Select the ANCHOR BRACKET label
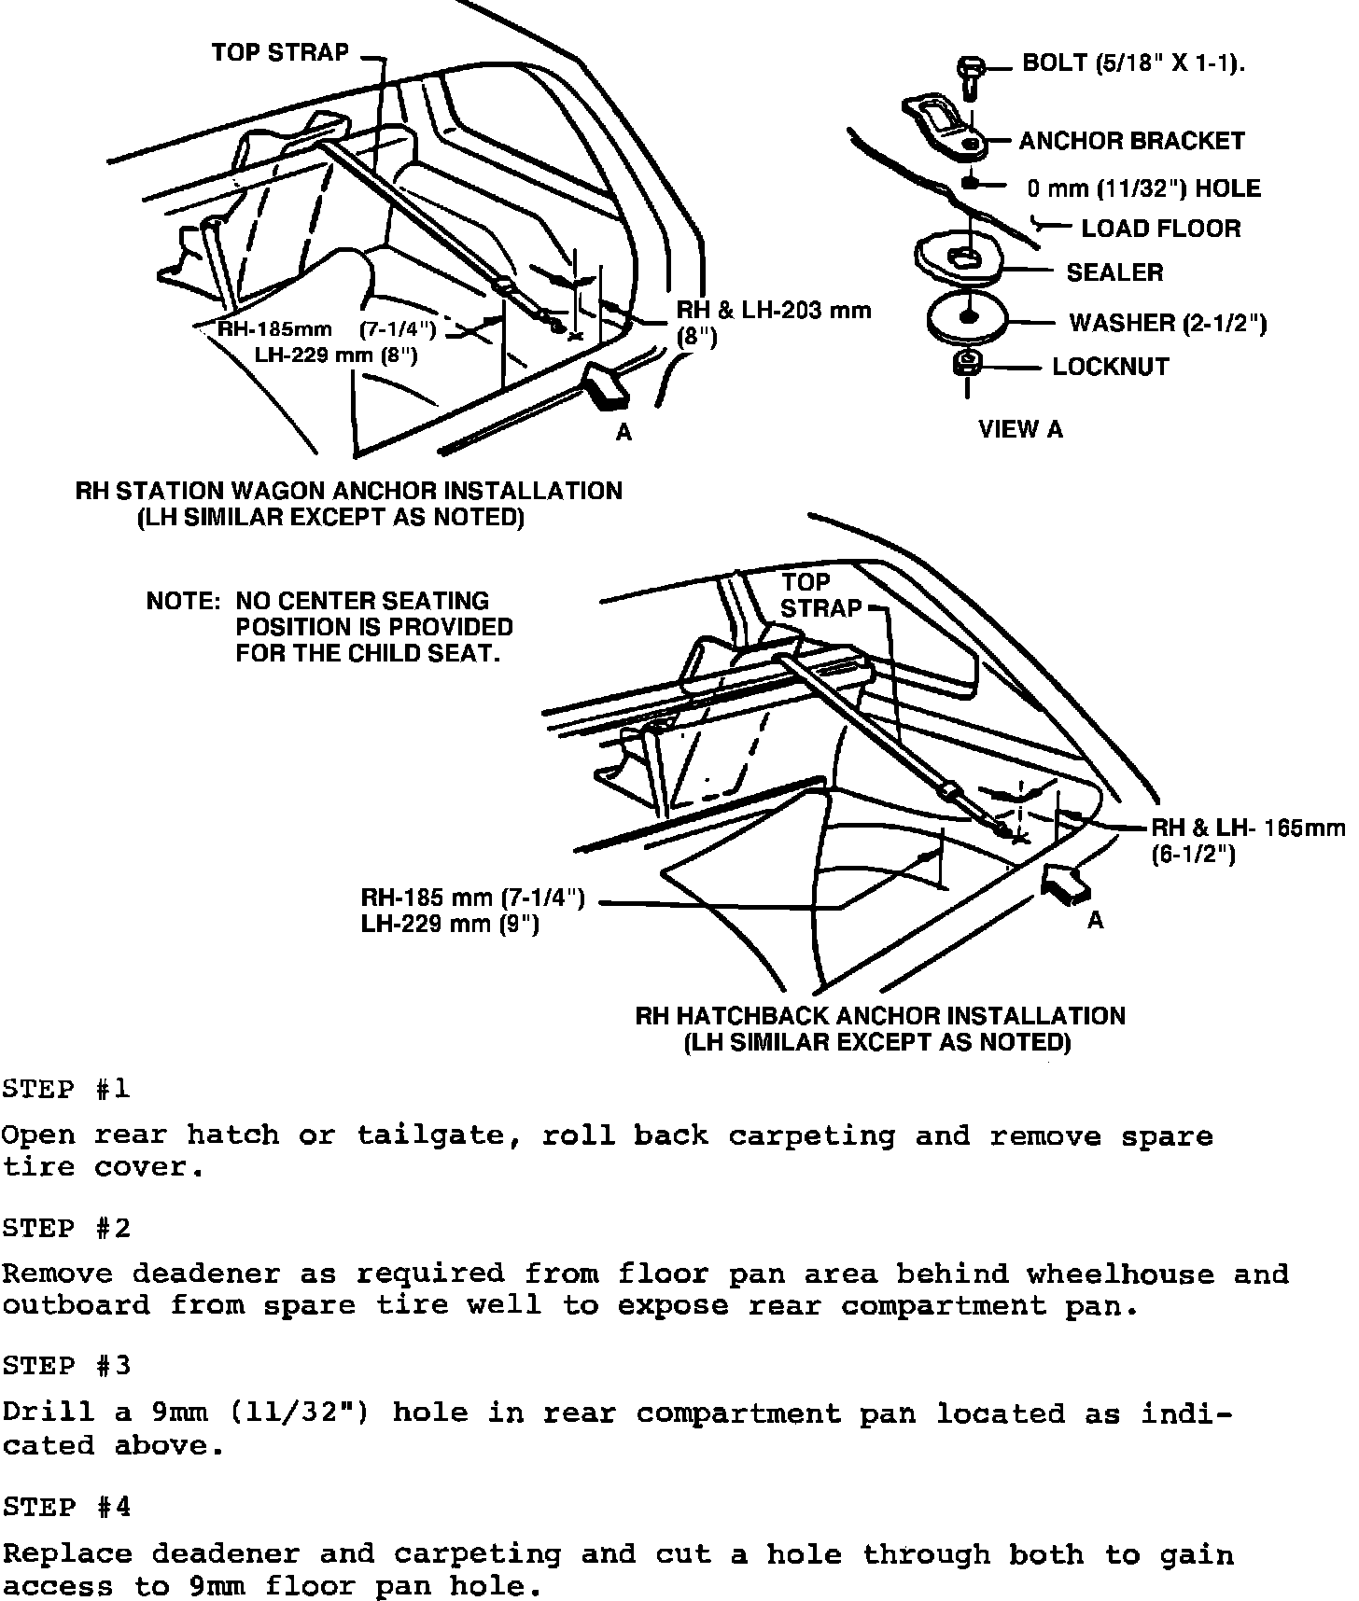coord(1131,141)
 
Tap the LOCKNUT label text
coord(1110,367)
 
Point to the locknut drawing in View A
coord(967,364)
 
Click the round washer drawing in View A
coord(969,319)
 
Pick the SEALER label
coord(1114,272)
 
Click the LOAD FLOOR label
coord(1160,229)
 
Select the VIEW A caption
coord(1020,429)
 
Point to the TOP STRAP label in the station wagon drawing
coord(279,52)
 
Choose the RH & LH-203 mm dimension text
coord(773,311)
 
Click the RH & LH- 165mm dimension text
coord(1248,828)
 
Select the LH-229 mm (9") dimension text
coord(450,924)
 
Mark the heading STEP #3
coord(66,1367)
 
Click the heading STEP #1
coord(66,1089)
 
